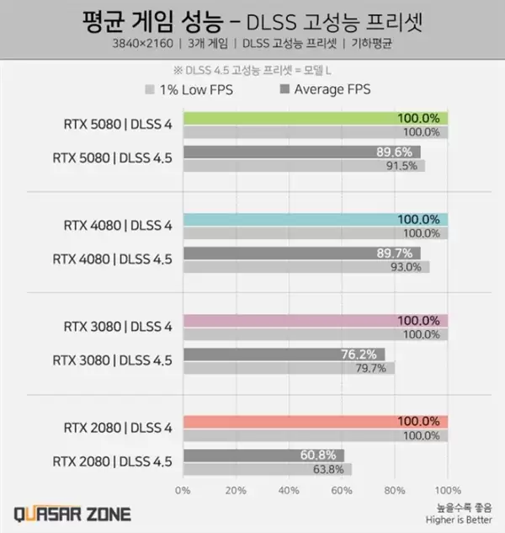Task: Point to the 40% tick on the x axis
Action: (x=288, y=489)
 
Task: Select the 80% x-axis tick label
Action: (x=394, y=489)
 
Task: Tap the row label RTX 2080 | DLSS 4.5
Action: (x=112, y=461)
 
